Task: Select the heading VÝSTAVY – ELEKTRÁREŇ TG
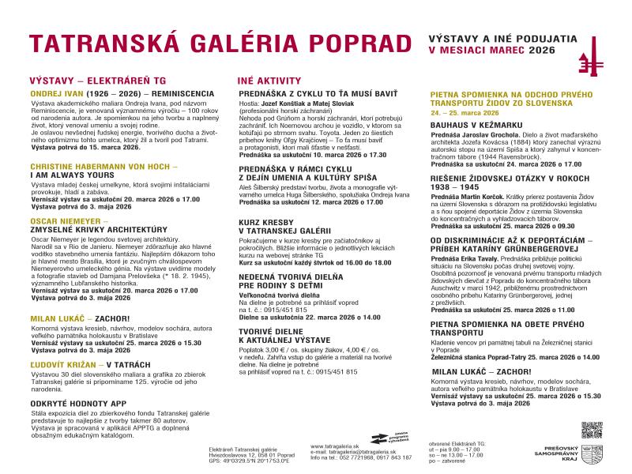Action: click(x=99, y=81)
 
